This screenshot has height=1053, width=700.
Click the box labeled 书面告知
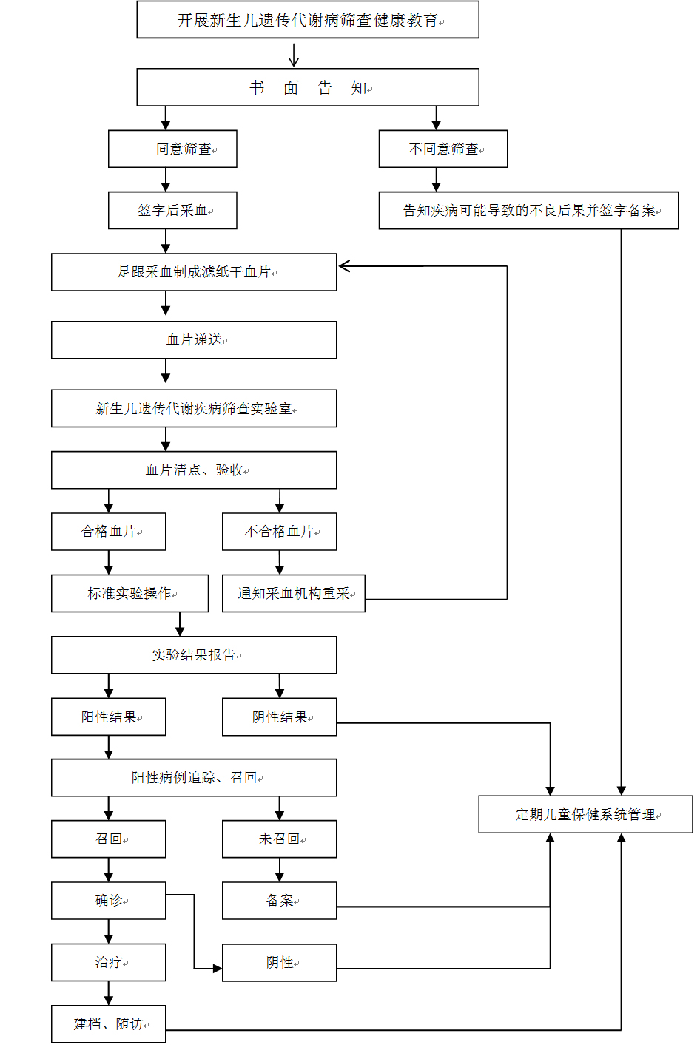pyautogui.click(x=308, y=87)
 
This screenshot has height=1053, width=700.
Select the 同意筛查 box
pyautogui.click(x=172, y=149)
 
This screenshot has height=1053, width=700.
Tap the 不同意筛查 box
pyautogui.click(x=443, y=149)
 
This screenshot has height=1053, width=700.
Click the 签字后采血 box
pyautogui.click(x=172, y=210)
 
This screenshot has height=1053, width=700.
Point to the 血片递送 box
pyautogui.click(x=194, y=340)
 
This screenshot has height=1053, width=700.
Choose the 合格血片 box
pyautogui.click(x=109, y=531)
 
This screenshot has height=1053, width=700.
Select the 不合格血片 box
pyautogui.click(x=280, y=531)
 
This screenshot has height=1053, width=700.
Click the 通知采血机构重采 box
pyautogui.click(x=294, y=593)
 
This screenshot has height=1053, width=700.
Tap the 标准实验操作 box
pyautogui.click(x=129, y=593)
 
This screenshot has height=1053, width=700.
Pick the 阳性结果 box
pyautogui.click(x=109, y=717)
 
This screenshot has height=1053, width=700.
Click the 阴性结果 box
pyautogui.click(x=280, y=717)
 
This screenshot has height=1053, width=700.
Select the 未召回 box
pyautogui.click(x=280, y=839)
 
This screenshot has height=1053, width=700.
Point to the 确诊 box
pyautogui.click(x=109, y=900)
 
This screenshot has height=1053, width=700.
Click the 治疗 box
pyautogui.click(x=109, y=962)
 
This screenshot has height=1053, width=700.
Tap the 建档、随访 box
pyautogui.click(x=109, y=1024)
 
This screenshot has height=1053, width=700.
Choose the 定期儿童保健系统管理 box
pyautogui.click(x=586, y=814)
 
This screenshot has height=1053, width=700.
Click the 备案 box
pyautogui.click(x=280, y=900)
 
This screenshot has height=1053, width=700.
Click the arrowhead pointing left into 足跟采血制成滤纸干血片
pyautogui.click(x=345, y=266)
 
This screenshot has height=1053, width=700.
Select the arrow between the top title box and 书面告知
pyautogui.click(x=294, y=55)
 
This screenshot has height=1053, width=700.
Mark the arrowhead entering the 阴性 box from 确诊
pyautogui.click(x=218, y=969)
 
